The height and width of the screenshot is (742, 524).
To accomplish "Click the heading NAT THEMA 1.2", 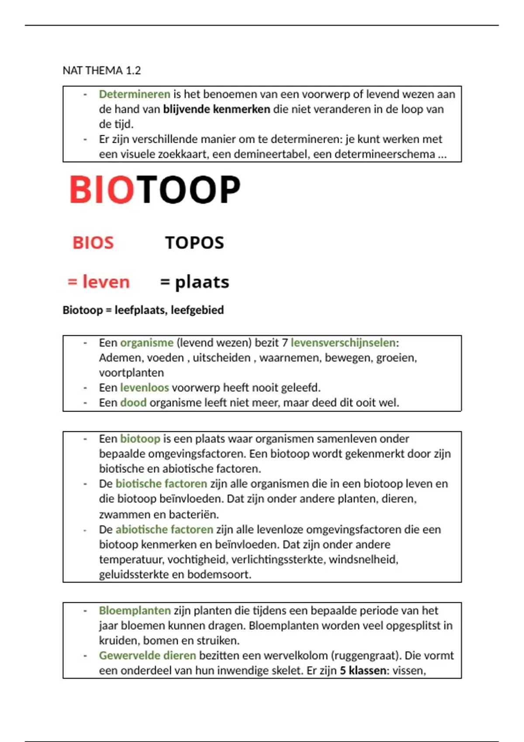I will click(102, 70).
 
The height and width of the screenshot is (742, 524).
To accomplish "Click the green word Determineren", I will click(134, 94).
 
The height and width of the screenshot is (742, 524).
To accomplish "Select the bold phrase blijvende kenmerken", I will click(217, 109).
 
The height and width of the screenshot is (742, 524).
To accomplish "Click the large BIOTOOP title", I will click(155, 190).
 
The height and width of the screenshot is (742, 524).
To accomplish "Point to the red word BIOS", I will click(93, 243).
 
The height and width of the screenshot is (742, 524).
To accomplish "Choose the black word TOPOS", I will click(194, 243).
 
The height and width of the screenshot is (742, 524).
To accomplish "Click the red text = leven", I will click(99, 282).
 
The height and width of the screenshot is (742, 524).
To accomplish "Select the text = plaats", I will click(194, 282).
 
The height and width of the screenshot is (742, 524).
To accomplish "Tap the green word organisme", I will click(147, 343).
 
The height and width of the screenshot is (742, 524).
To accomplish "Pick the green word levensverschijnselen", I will click(343, 343).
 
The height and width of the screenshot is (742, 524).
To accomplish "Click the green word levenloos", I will click(145, 388).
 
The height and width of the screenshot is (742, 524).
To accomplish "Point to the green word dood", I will click(133, 402).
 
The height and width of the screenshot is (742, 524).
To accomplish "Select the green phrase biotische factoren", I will click(161, 484).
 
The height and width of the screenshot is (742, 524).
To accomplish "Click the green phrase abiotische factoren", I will click(164, 529).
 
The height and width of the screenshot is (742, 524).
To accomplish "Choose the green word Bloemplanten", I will click(134, 611).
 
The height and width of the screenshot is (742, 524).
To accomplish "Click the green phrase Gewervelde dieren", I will click(147, 656).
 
